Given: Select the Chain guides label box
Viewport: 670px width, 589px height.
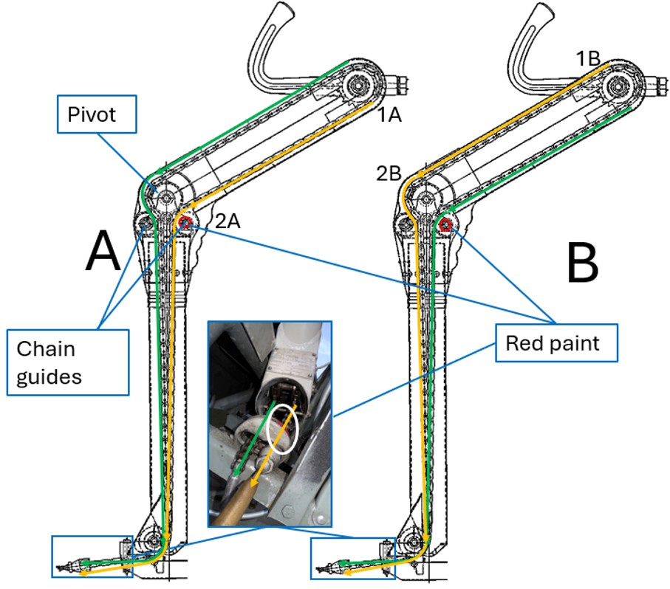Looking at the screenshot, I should pyautogui.click(x=69, y=362).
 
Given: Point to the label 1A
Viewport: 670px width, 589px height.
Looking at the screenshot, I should pyautogui.click(x=389, y=116).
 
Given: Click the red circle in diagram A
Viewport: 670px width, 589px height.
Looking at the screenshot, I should pyautogui.click(x=185, y=224).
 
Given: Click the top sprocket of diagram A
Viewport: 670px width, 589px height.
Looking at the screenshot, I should pyautogui.click(x=359, y=86).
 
